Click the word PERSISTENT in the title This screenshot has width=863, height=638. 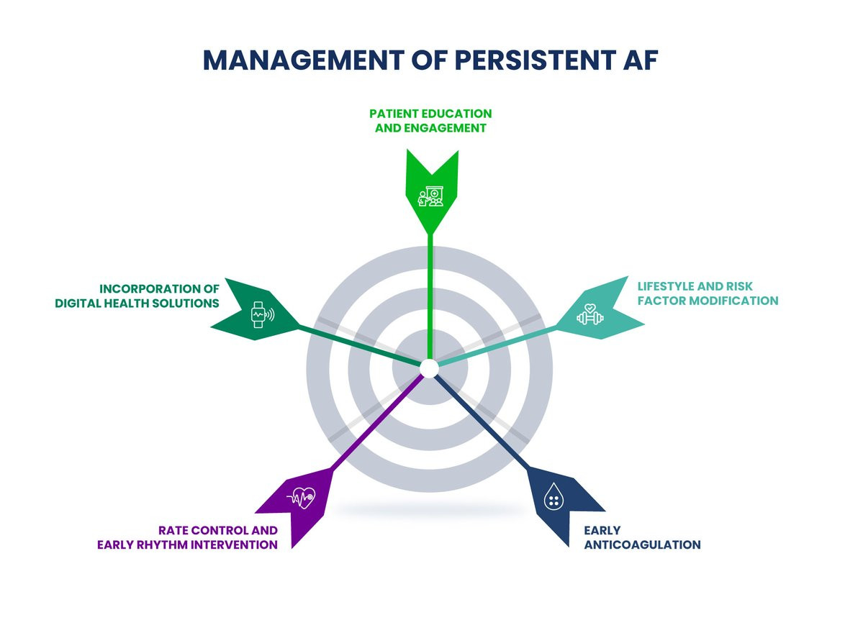(536, 60)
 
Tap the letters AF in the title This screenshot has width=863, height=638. (641, 60)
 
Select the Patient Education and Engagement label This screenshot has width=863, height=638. (430, 120)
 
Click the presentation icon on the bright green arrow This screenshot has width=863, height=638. (430, 196)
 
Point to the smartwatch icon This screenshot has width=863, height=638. (262, 314)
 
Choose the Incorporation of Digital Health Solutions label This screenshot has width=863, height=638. (137, 296)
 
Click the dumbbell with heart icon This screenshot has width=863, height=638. (589, 314)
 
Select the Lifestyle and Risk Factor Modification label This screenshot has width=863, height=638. (708, 293)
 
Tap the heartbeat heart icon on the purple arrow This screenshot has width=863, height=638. (301, 498)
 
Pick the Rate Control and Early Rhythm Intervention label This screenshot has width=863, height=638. (187, 537)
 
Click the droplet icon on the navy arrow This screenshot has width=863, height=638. (554, 496)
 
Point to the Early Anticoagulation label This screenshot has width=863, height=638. (642, 537)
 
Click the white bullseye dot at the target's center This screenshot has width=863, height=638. (429, 368)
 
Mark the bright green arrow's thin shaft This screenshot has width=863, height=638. (430, 297)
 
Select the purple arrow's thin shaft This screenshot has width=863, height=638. (378, 421)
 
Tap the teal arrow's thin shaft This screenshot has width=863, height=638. (497, 345)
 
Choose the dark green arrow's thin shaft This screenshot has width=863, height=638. (360, 345)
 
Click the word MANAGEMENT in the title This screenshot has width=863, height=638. (304, 60)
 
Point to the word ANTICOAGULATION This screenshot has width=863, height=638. (642, 544)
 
